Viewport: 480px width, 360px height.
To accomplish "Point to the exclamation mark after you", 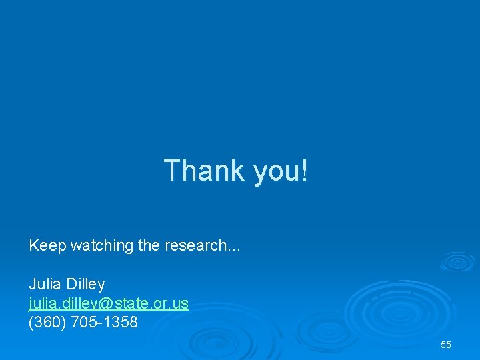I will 305,171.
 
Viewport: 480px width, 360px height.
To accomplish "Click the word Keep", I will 48,246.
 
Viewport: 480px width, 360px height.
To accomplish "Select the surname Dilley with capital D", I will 85,285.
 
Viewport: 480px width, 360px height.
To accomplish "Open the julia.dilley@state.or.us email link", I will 109,304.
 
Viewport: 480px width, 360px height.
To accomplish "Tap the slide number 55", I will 446,345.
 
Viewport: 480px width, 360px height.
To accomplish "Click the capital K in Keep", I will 33,246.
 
